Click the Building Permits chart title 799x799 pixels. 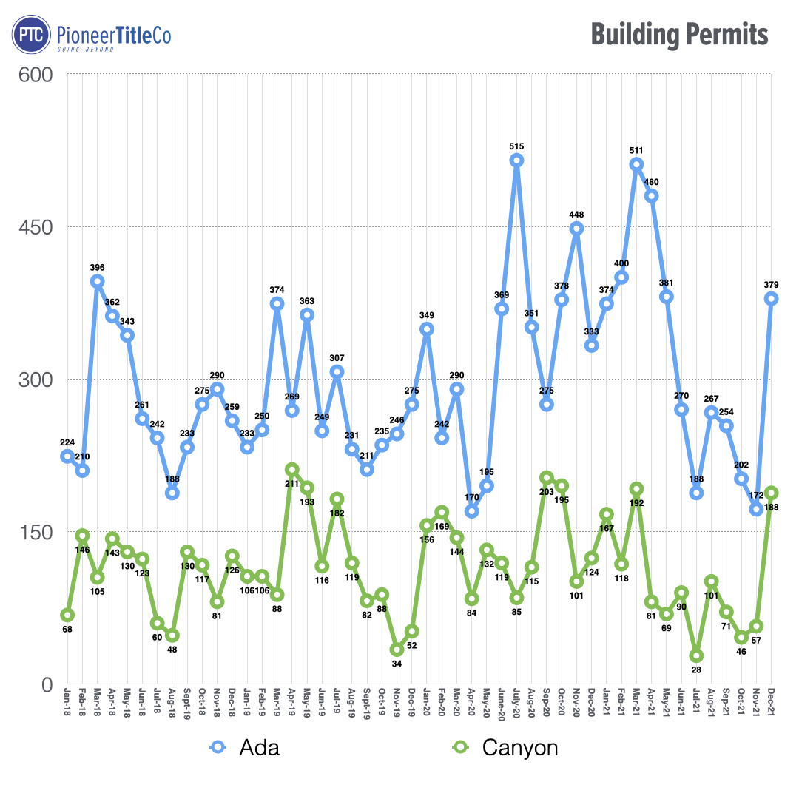tap(679, 35)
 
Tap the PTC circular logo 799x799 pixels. tap(31, 35)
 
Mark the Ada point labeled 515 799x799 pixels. tap(516, 161)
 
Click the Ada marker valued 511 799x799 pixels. tap(636, 164)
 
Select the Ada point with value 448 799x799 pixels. tap(576, 229)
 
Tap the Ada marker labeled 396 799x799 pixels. tap(97, 281)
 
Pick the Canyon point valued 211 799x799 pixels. tap(291, 470)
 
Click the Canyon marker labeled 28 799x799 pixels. tap(696, 656)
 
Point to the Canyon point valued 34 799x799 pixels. tap(397, 650)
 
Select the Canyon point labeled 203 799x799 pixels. tap(546, 478)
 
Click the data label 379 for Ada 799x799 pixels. tap(771, 285)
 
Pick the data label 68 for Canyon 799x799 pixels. tap(67, 629)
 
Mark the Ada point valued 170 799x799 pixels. tap(471, 511)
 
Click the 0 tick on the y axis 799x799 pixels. tap(46, 684)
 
